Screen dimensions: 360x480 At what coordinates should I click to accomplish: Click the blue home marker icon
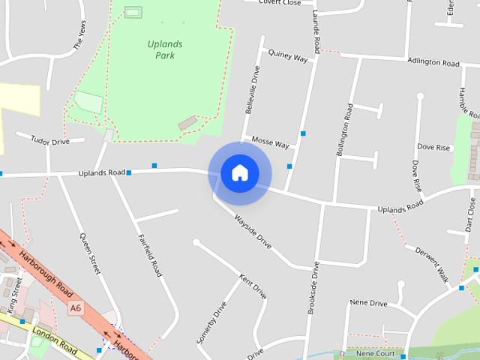click(239, 173)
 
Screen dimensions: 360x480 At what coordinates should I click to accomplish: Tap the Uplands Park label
click(164, 49)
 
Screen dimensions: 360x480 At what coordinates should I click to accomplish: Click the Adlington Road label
click(433, 62)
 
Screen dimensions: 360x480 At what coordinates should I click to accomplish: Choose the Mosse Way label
click(270, 142)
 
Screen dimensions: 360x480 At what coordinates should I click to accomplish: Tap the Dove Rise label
click(433, 148)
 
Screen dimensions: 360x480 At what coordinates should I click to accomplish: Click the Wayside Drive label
click(252, 232)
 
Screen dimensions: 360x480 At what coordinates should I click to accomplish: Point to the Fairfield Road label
click(150, 255)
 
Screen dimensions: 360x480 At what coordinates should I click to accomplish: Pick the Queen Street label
click(90, 253)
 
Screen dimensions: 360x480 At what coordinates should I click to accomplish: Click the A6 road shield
click(75, 307)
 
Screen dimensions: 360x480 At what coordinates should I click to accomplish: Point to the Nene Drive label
click(368, 304)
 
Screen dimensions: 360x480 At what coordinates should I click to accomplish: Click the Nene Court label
click(375, 352)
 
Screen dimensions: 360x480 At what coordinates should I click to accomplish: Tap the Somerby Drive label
click(211, 322)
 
